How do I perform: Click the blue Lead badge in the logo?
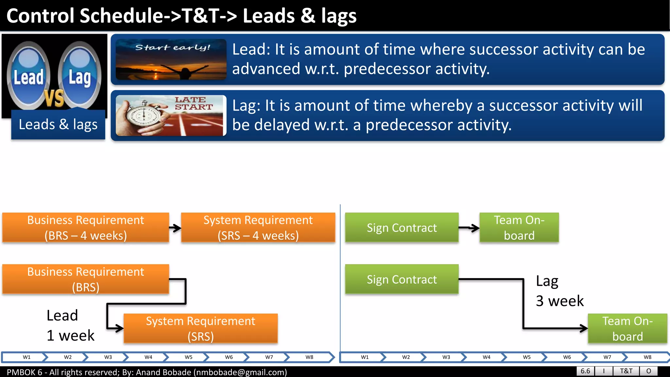coord(28,76)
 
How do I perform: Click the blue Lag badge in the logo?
coord(79,76)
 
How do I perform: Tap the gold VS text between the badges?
coord(54,98)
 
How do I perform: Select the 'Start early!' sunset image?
coord(171,60)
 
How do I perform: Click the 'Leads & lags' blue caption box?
coord(58,125)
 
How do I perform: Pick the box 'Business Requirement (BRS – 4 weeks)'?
coord(86,228)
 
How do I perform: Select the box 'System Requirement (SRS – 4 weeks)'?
coord(258,228)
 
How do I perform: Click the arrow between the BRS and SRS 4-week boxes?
coord(175,228)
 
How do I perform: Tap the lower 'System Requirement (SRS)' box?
coord(201,329)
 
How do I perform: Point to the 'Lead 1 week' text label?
coord(70,326)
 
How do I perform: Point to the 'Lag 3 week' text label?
coord(559,291)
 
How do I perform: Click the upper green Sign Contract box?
coord(402,228)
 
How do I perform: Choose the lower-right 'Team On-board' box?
coord(627,329)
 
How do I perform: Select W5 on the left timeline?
coord(188,357)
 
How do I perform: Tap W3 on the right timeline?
coord(446,357)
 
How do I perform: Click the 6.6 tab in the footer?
coord(585,371)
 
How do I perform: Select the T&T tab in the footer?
coord(626,371)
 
